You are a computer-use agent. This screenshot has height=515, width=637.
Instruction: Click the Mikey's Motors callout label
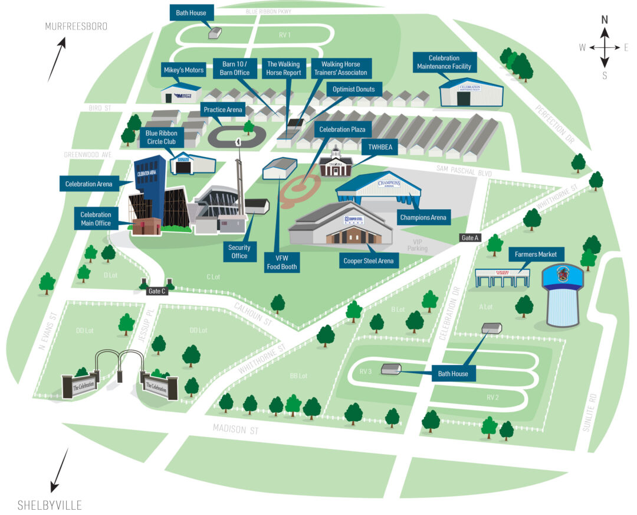point(183,70)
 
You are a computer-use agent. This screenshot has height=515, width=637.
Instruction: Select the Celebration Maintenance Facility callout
point(444,62)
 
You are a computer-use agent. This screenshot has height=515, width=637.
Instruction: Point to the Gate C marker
point(157,291)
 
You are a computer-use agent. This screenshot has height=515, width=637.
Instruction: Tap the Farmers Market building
point(502,278)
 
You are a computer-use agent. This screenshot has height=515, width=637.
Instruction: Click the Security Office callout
point(239,252)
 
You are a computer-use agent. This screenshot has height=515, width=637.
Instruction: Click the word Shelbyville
point(50,505)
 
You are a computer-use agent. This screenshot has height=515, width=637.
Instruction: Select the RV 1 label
point(285,35)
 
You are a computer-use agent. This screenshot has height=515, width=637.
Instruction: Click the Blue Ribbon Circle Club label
point(163,137)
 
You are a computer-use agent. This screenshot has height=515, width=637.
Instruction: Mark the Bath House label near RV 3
point(452,374)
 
